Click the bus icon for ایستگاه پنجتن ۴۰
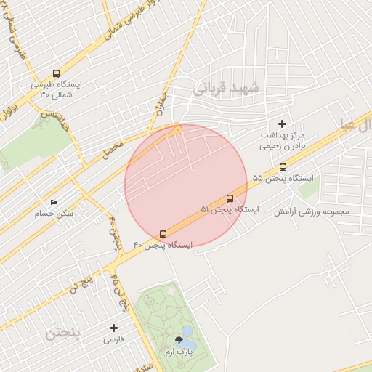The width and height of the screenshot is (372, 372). click(163, 234)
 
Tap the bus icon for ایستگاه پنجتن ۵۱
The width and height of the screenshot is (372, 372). click(230, 198)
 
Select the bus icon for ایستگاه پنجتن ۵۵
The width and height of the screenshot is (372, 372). click(283, 167)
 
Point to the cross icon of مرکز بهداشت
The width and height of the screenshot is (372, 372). click(283, 124)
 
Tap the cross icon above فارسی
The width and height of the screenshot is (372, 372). click(113, 328)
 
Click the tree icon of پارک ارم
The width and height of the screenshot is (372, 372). click(179, 340)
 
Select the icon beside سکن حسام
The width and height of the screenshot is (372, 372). click(54, 202)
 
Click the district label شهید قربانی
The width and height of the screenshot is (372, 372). click(227, 89)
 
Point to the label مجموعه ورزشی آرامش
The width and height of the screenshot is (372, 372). click(312, 211)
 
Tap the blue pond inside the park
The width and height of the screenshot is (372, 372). click(187, 335)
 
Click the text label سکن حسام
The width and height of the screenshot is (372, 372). click(59, 214)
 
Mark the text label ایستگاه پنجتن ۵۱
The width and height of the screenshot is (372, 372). click(229, 209)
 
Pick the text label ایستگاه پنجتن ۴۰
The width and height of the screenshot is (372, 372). click(163, 246)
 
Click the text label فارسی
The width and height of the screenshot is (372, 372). click(114, 339)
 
